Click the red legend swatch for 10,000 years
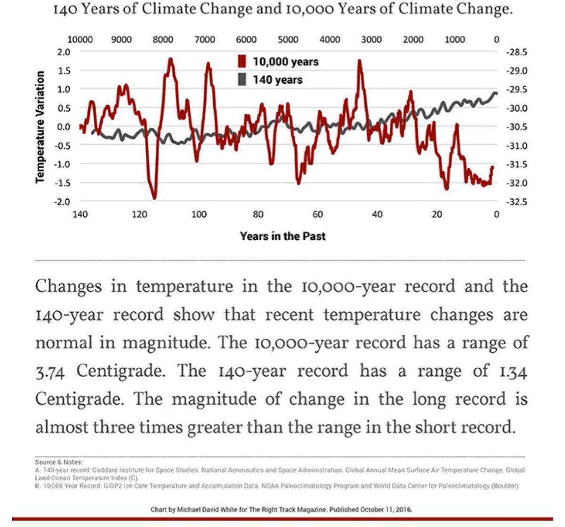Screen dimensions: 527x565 pos(242,62)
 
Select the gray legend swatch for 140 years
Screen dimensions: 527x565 pos(242,80)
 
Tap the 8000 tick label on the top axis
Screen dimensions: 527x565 pos(163,40)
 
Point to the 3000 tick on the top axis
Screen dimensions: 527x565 pos(371,40)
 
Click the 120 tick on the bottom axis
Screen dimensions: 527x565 pos(139,215)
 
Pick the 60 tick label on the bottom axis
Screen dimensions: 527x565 pos(318,215)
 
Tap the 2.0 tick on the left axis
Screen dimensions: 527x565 pos(64,52)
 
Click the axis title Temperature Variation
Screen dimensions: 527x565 pos(40,127)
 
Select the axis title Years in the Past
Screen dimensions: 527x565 pos(282,236)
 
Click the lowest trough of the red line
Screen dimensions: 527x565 pos(154,198)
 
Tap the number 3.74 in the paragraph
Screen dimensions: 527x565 pos(50,372)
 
